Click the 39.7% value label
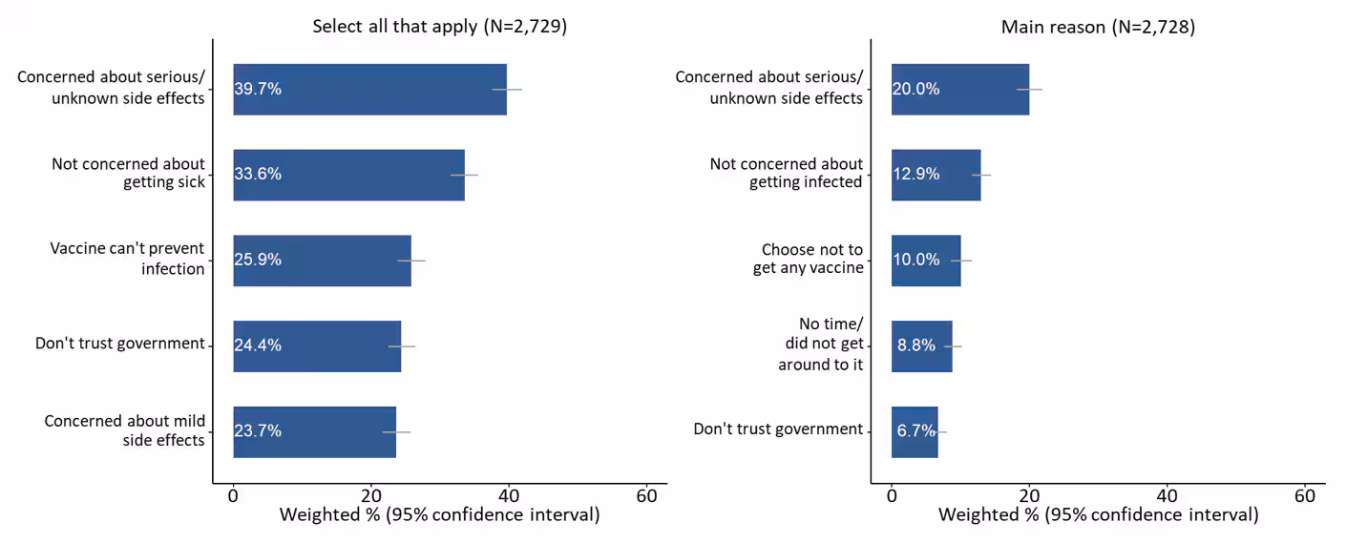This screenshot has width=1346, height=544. pyautogui.click(x=258, y=89)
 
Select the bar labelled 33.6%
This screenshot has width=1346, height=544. pyautogui.click(x=348, y=175)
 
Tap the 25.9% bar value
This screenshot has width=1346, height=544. pyautogui.click(x=258, y=260)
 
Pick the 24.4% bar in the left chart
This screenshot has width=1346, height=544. pyautogui.click(x=317, y=345)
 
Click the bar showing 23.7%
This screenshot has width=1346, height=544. pyautogui.click(x=314, y=431)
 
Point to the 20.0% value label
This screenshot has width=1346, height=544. pyautogui.click(x=915, y=89)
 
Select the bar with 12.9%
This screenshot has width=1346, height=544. pyautogui.click(x=936, y=175)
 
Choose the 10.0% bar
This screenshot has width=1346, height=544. pyautogui.click(x=926, y=260)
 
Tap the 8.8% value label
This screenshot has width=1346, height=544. pyautogui.click(x=915, y=345)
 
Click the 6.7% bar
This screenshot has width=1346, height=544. pyautogui.click(x=915, y=431)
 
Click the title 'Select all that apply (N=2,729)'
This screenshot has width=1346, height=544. pyautogui.click(x=440, y=27)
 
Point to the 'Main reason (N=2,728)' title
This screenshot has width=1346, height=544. pyautogui.click(x=1098, y=28)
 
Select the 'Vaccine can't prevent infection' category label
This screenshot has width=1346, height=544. pyautogui.click(x=127, y=259)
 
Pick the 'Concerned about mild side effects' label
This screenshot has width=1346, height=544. pyautogui.click(x=124, y=430)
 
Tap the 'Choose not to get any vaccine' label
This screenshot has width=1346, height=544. pyautogui.click(x=808, y=259)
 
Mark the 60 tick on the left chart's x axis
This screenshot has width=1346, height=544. pyautogui.click(x=646, y=496)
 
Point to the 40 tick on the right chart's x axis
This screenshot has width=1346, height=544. pyautogui.click(x=1167, y=496)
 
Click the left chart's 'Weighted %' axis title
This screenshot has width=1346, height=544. pyautogui.click(x=439, y=515)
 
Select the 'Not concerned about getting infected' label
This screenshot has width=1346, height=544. pyautogui.click(x=786, y=173)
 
